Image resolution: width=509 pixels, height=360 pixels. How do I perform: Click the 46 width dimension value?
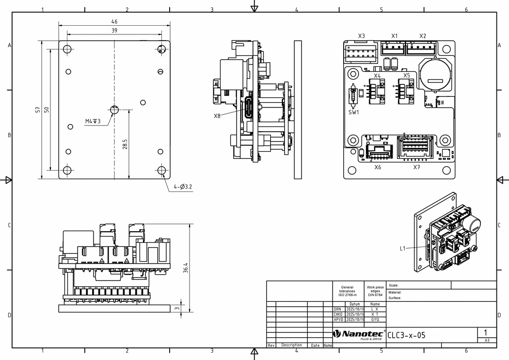click(x=114, y=21)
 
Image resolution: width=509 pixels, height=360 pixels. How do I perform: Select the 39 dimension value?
click(x=114, y=30)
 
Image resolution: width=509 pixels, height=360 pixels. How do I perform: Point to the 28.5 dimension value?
click(x=125, y=144)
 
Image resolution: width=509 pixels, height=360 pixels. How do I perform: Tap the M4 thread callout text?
click(x=93, y=121)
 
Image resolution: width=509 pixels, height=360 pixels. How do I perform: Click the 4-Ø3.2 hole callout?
click(x=183, y=187)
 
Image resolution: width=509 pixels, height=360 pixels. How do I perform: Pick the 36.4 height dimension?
click(x=185, y=268)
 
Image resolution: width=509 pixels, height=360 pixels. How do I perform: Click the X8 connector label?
click(x=217, y=116)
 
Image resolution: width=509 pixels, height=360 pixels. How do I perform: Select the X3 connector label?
click(x=361, y=36)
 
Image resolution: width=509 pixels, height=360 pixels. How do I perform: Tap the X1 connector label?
click(x=394, y=36)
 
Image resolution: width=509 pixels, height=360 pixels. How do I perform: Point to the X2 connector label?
click(x=423, y=36)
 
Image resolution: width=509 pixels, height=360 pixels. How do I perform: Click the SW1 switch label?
click(x=354, y=112)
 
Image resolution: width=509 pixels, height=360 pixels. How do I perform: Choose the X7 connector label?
click(x=416, y=167)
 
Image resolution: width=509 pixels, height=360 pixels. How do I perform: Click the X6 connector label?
click(x=378, y=167)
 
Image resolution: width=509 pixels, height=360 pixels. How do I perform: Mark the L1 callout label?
click(x=403, y=249)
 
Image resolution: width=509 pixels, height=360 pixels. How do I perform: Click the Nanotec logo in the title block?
click(x=359, y=334)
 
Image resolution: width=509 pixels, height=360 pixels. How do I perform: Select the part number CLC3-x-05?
click(x=406, y=335)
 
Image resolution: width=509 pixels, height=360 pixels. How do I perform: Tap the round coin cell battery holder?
click(x=436, y=74)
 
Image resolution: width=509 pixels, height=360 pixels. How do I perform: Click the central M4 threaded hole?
click(x=114, y=110)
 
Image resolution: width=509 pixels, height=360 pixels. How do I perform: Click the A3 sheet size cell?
click(x=487, y=341)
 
